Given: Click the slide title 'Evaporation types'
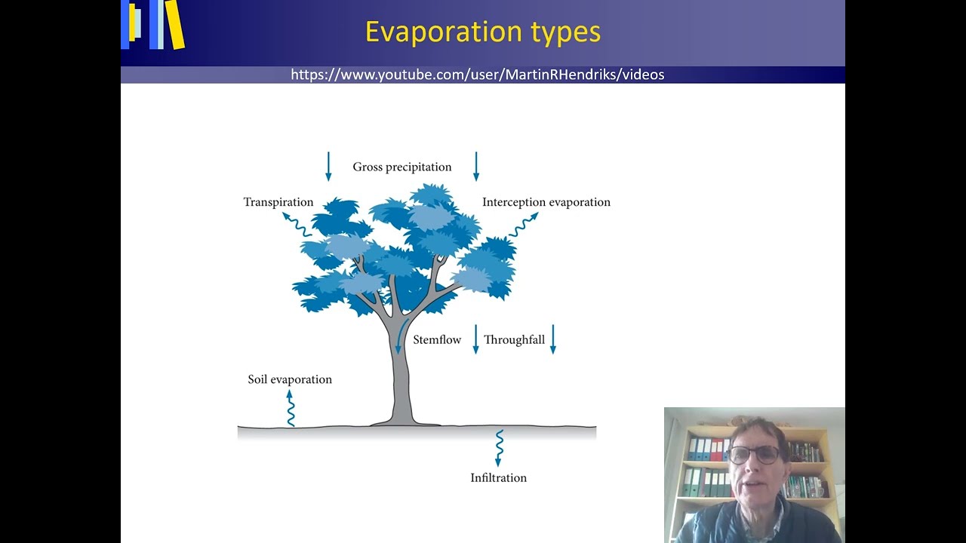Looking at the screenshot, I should tap(483, 32).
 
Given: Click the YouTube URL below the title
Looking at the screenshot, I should tap(477, 75).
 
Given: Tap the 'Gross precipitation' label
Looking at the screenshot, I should tap(401, 167).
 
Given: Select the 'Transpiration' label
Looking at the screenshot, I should tap(278, 202).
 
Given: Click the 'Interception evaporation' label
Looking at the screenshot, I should tap(546, 202).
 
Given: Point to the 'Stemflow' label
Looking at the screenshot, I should tap(437, 340).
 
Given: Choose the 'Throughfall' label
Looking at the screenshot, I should tap(514, 340).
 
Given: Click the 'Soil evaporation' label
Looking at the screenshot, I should tap(290, 379).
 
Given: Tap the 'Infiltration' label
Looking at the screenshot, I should tap(498, 478).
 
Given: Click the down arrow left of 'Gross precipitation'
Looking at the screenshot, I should tap(328, 167).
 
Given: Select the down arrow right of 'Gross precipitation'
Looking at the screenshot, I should tap(476, 167).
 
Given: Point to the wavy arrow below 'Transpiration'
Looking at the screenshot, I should tap(297, 225).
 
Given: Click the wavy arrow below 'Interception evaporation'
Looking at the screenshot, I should tap(523, 225).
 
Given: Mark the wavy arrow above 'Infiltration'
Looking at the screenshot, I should tap(499, 448).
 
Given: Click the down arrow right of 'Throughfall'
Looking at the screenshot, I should tap(553, 339).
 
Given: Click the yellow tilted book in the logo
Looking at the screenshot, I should tap(175, 24).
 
